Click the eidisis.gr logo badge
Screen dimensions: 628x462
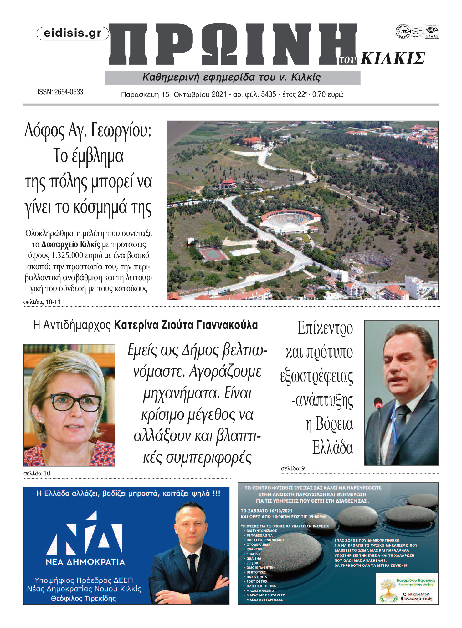73,33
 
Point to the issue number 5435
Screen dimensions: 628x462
268,94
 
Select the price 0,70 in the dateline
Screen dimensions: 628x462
319,94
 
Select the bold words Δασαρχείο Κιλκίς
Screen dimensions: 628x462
70,245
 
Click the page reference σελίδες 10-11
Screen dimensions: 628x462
42,302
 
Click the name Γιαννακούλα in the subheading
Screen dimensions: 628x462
227,325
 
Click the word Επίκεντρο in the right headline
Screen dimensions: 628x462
325,328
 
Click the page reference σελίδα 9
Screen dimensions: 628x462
293,468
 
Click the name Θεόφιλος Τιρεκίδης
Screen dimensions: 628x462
84,599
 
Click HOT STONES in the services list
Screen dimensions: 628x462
257,577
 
